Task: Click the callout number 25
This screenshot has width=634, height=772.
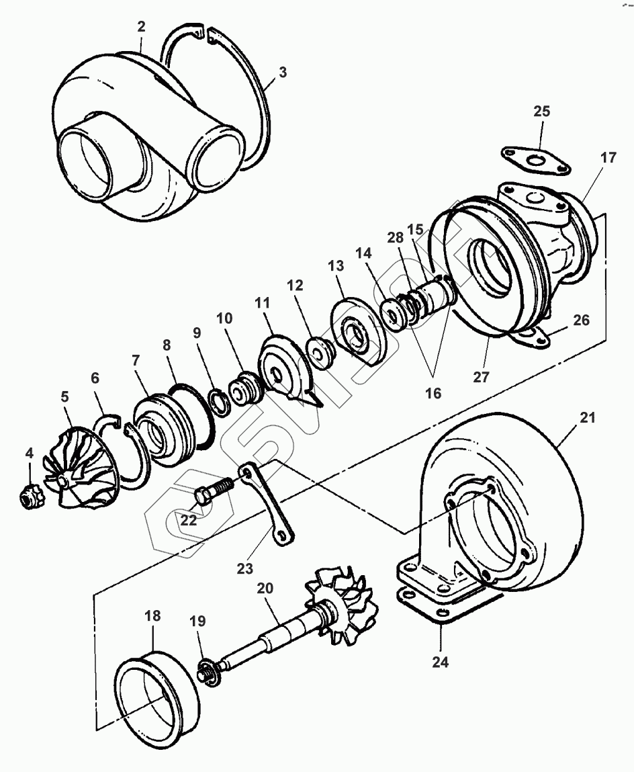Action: pyautogui.click(x=542, y=112)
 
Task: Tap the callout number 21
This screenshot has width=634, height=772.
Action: pyautogui.click(x=588, y=418)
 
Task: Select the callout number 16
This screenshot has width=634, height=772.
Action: pyautogui.click(x=434, y=393)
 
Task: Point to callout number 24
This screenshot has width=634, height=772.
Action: pyautogui.click(x=439, y=662)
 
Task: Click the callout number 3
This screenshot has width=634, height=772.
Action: pyautogui.click(x=282, y=73)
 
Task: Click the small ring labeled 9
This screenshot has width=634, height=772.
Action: pyautogui.click(x=220, y=401)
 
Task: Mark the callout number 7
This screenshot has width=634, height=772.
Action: pyautogui.click(x=136, y=361)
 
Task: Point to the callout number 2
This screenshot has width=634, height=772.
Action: pyautogui.click(x=142, y=26)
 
